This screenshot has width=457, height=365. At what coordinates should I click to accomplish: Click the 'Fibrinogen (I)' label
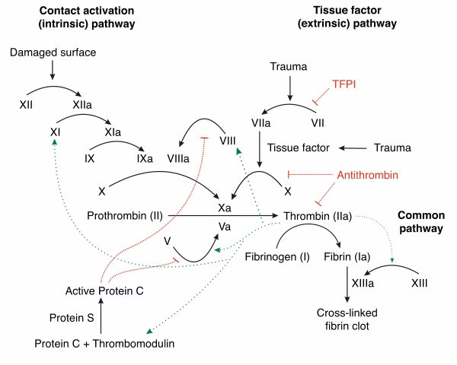tap(276, 256)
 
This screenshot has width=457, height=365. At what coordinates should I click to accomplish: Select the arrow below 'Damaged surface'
tap(52, 71)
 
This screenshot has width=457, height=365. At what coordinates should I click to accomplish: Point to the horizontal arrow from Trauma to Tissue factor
tap(359, 148)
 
